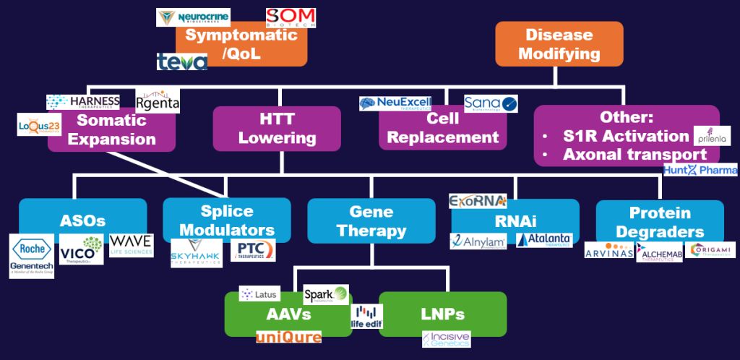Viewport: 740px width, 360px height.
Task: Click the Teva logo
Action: [x=182, y=61]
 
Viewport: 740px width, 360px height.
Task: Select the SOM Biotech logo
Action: [x=285, y=18]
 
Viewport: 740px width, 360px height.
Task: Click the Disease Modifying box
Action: [x=559, y=43]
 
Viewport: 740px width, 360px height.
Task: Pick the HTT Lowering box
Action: [x=277, y=129]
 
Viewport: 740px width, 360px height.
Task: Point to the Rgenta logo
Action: [x=158, y=100]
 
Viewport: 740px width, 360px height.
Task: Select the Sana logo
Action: [x=491, y=103]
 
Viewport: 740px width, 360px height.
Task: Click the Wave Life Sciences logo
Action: [x=131, y=244]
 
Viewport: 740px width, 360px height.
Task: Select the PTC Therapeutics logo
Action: [x=253, y=250]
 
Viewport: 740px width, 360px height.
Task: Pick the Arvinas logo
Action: [x=608, y=250]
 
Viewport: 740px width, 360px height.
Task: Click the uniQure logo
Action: [x=289, y=337]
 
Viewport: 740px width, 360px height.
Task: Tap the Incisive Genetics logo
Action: [x=446, y=339]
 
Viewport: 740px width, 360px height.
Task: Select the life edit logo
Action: [x=366, y=317]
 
